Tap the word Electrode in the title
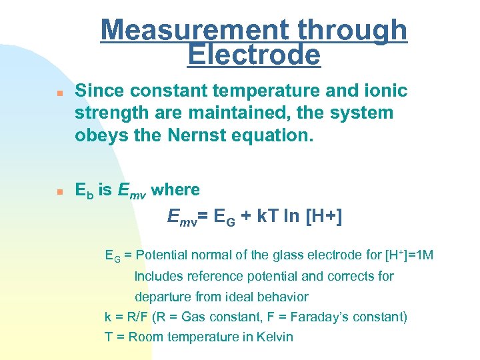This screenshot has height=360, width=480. pyautogui.click(x=254, y=55)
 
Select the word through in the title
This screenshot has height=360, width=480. pyautogui.click(x=353, y=30)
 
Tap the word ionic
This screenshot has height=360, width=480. pyautogui.click(x=385, y=91)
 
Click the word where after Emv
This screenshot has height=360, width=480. pyautogui.click(x=175, y=190)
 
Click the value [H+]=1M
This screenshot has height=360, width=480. pyautogui.click(x=409, y=255)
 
